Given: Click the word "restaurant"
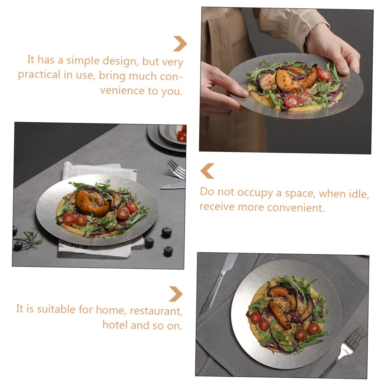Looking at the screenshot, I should [x=156, y=311].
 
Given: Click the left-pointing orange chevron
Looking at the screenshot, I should [x=207, y=171].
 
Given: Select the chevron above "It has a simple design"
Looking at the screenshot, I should [x=180, y=44].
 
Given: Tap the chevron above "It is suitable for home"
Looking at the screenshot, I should [x=176, y=294].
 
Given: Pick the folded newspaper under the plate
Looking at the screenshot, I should [x=94, y=171].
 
